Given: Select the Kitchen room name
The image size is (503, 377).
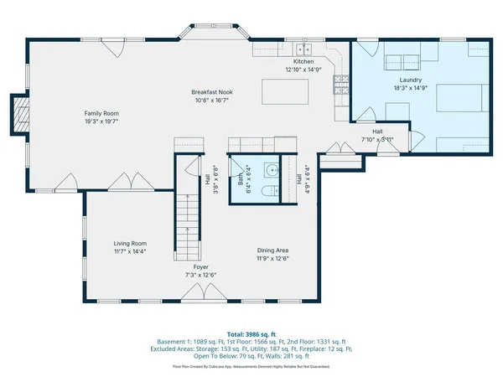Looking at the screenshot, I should click(x=303, y=62).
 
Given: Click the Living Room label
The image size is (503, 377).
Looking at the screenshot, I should click(x=130, y=243).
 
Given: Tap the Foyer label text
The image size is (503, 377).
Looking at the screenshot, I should click(x=200, y=267).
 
